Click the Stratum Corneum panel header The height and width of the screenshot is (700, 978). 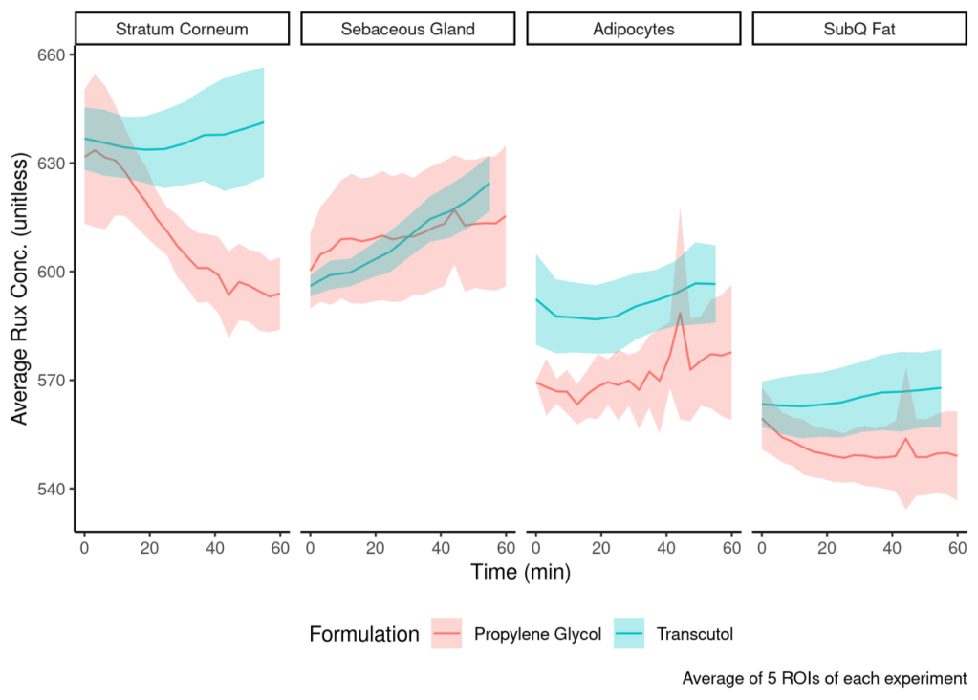(182, 29)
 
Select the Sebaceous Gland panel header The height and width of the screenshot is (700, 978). (407, 29)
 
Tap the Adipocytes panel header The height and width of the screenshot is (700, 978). (633, 29)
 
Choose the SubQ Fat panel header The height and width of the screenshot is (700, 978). (858, 29)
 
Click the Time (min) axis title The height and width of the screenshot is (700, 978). (520, 573)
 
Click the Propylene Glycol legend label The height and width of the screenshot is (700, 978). (537, 634)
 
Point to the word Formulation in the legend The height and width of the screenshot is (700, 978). (364, 634)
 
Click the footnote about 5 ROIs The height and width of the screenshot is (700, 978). (824, 679)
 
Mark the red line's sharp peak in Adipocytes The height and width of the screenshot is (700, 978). (680, 313)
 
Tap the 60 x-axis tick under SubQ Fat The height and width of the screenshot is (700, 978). (957, 548)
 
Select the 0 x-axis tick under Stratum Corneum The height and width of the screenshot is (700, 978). (84, 548)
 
